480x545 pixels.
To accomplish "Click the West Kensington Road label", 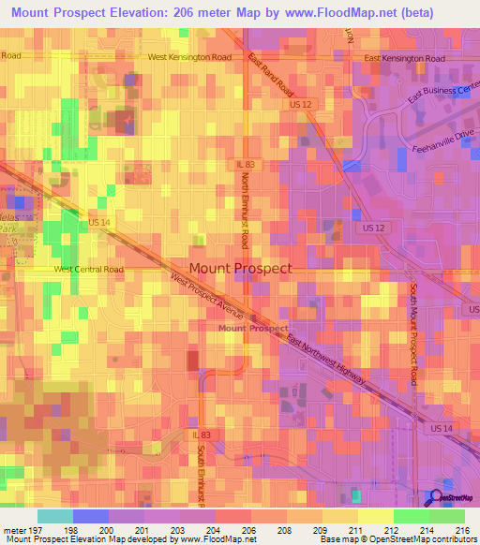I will click(x=189, y=57).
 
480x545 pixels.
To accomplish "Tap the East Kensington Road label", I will click(x=404, y=58).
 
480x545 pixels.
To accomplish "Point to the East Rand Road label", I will click(x=272, y=75).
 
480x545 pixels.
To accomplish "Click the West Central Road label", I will click(x=89, y=269).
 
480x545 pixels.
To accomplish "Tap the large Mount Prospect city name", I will click(x=240, y=268).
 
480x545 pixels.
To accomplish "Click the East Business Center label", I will click(x=443, y=95).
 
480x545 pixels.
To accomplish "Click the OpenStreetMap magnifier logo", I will click(x=436, y=498).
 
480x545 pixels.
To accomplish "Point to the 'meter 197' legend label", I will click(x=23, y=529).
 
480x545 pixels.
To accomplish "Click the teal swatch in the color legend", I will click(x=54, y=516).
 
